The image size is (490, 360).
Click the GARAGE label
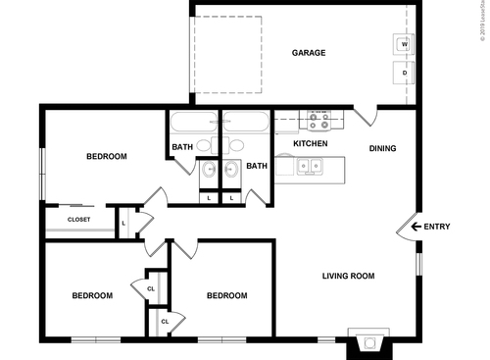[308, 53]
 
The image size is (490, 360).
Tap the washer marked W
[404, 43]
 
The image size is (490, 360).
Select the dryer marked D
[404, 72]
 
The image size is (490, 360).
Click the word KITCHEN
[310, 144]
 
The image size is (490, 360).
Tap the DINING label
[383, 149]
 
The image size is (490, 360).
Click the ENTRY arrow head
[416, 228]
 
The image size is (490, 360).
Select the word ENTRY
[437, 228]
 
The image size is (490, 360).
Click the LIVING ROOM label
[349, 276]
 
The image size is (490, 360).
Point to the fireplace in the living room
[368, 343]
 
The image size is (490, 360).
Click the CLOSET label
[78, 220]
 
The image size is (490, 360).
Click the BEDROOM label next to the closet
[106, 156]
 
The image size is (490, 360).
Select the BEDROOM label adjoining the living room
[225, 295]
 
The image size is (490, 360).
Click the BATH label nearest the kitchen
[257, 166]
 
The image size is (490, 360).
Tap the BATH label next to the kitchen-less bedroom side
[183, 148]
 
